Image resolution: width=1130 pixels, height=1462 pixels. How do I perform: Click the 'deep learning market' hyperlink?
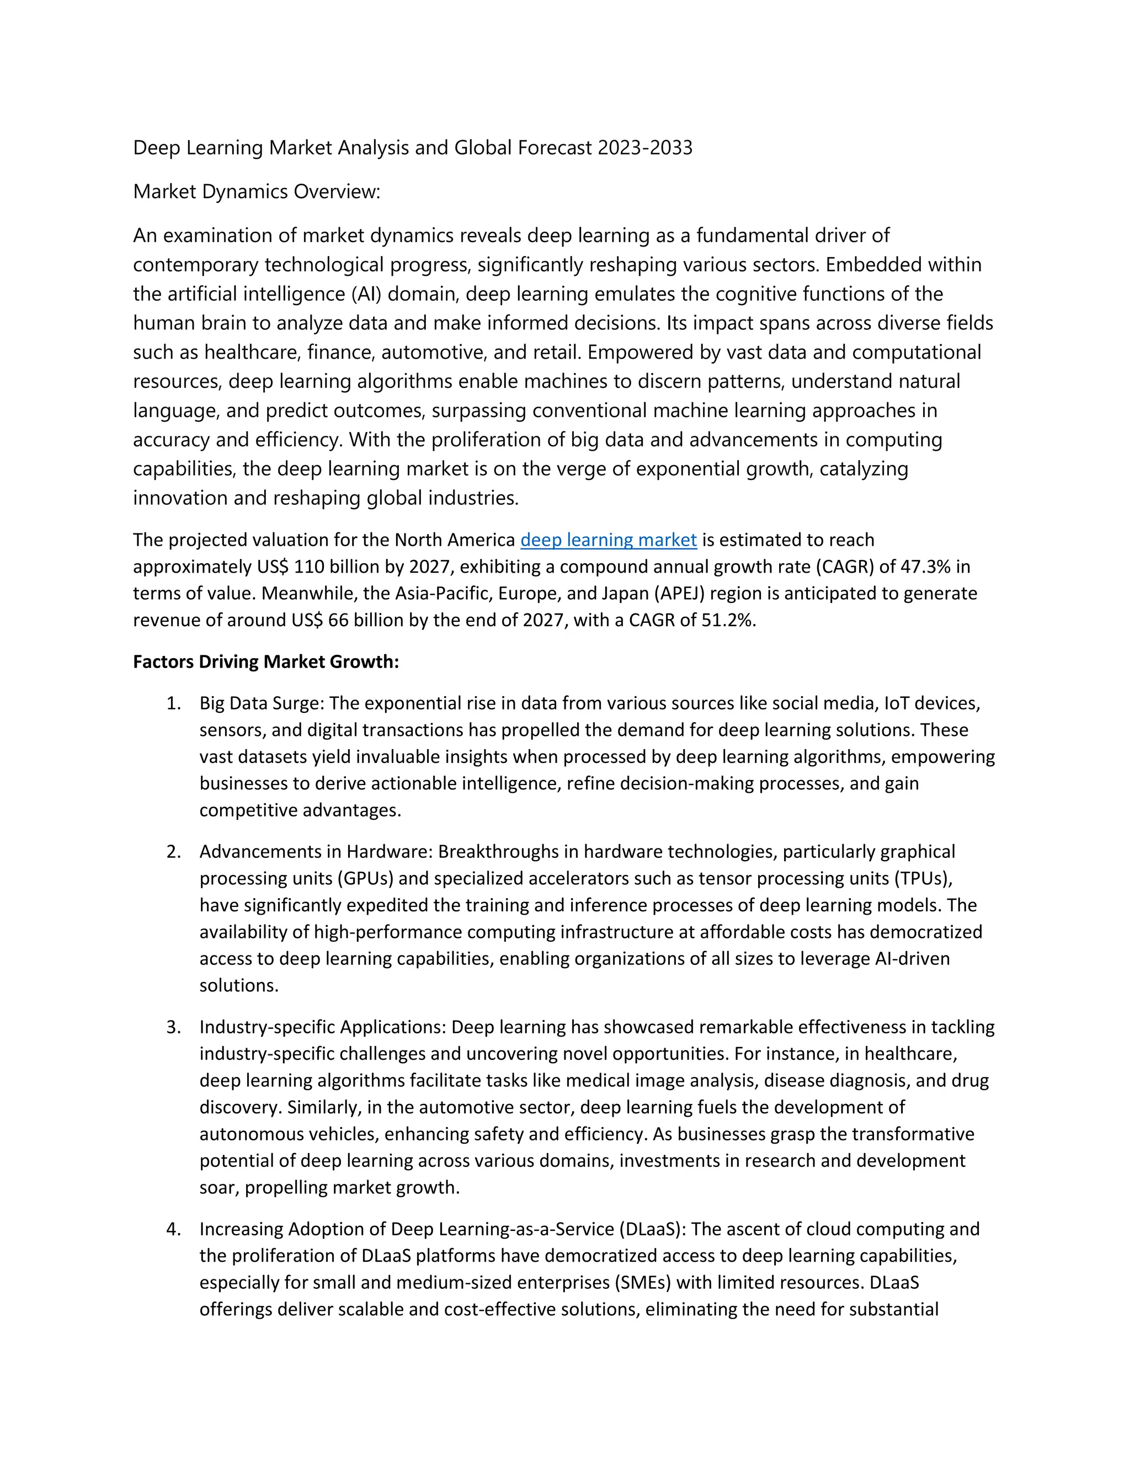tap(608, 540)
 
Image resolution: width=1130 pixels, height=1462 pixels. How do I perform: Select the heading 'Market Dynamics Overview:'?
tap(257, 191)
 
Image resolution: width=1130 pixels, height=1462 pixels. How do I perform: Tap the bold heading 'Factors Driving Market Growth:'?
tap(266, 661)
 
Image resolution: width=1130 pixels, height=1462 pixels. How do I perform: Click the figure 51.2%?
tap(728, 620)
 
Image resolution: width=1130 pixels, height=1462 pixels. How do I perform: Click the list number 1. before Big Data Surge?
tap(173, 703)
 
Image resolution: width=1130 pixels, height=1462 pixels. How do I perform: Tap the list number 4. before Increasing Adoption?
tap(173, 1229)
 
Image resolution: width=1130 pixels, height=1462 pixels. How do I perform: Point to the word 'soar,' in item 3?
tap(220, 1188)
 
